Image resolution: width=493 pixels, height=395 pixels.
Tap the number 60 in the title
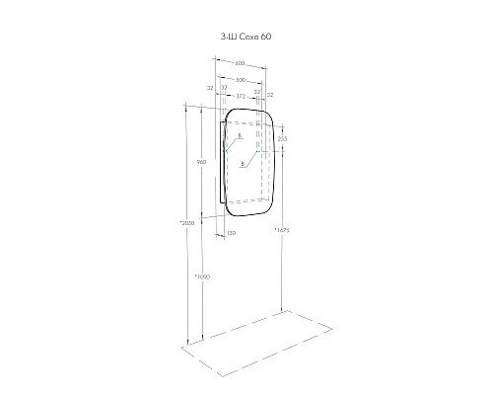pyautogui.click(x=263, y=37)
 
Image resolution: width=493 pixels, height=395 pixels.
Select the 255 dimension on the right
pyautogui.click(x=282, y=139)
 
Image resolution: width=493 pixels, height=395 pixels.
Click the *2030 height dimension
pyautogui.click(x=186, y=223)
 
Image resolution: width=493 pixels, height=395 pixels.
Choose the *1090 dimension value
pyautogui.click(x=202, y=276)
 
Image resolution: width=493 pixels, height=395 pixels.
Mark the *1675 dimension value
pyautogui.click(x=281, y=229)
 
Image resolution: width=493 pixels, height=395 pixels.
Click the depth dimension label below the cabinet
pyautogui.click(x=231, y=233)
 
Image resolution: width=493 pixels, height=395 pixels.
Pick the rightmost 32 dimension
pyautogui.click(x=270, y=94)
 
